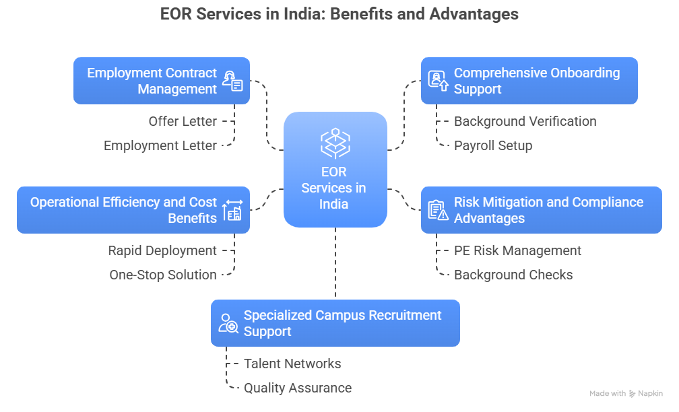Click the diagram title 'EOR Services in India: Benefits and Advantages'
(339, 14)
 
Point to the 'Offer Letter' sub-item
(183, 121)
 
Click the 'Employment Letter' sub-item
(160, 145)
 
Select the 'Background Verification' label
(525, 121)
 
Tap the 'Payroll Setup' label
(493, 145)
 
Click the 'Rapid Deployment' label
(162, 250)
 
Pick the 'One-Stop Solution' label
(163, 275)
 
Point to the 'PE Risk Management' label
(517, 250)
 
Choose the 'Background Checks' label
(513, 275)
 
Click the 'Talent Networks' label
(292, 364)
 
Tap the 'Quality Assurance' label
(298, 388)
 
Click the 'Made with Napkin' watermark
(626, 394)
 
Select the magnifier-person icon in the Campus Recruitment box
(228, 323)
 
